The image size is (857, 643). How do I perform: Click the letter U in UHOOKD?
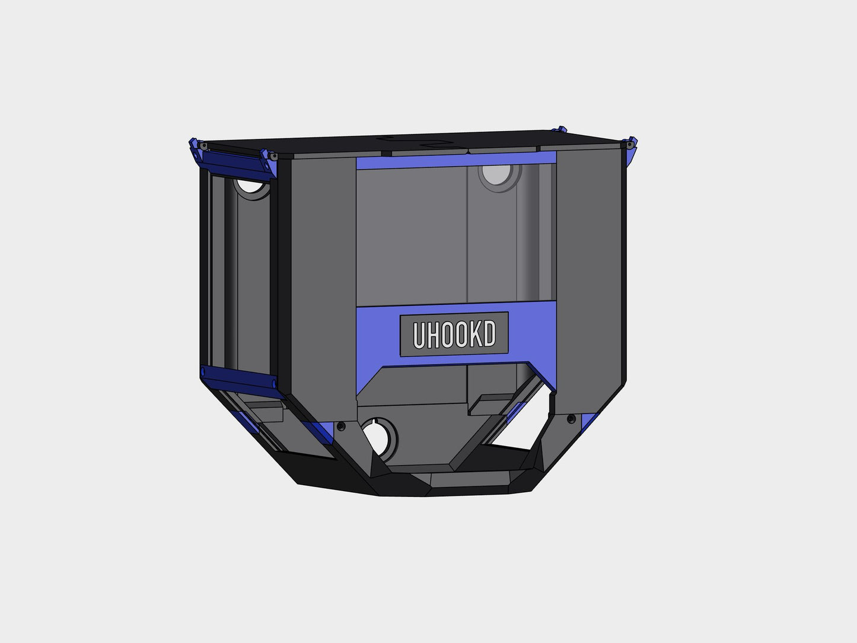tap(419, 335)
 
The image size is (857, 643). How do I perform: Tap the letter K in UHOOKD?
tap(476, 334)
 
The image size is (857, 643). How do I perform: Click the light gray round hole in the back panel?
tap(496, 174)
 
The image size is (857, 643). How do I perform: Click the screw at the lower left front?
tap(341, 426)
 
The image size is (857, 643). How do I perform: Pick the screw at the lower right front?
tap(571, 419)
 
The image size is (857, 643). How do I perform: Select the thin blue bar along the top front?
tap(456, 160)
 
